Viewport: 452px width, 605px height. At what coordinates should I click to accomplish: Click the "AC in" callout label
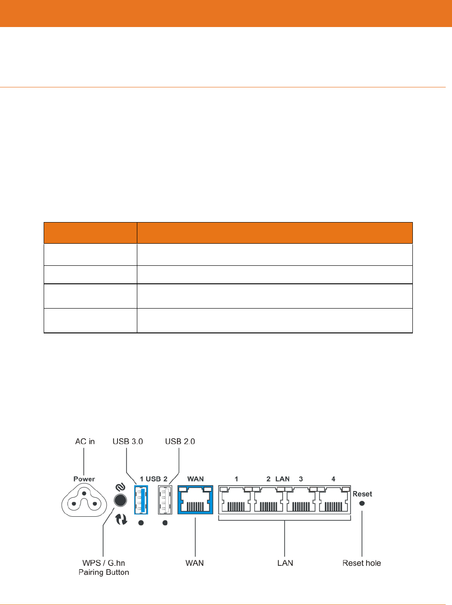pos(85,441)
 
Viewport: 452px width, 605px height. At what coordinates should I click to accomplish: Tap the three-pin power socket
pos(84,500)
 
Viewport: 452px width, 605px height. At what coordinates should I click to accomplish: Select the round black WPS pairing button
pos(120,500)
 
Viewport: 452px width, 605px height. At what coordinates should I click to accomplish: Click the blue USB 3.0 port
pos(141,500)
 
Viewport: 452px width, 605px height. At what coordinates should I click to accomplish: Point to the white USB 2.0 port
pos(165,500)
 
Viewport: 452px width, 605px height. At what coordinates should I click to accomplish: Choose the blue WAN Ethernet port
pos(195,500)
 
